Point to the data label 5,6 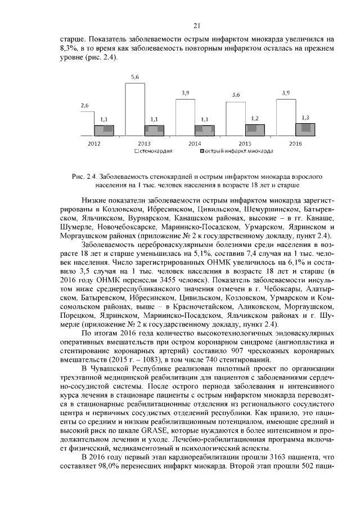tap(135, 76)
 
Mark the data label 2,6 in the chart tap(85, 105)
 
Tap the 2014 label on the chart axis tap(195, 144)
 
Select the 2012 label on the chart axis tap(94, 144)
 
